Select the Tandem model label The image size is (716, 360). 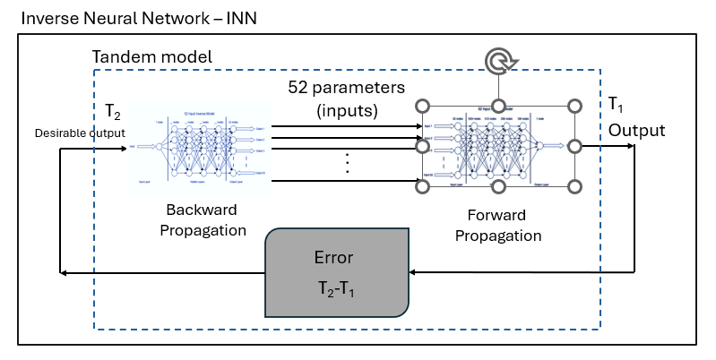152,57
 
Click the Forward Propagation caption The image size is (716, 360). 497,227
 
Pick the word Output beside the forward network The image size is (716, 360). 637,130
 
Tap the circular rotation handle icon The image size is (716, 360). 497,61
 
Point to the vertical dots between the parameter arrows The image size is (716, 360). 346,164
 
